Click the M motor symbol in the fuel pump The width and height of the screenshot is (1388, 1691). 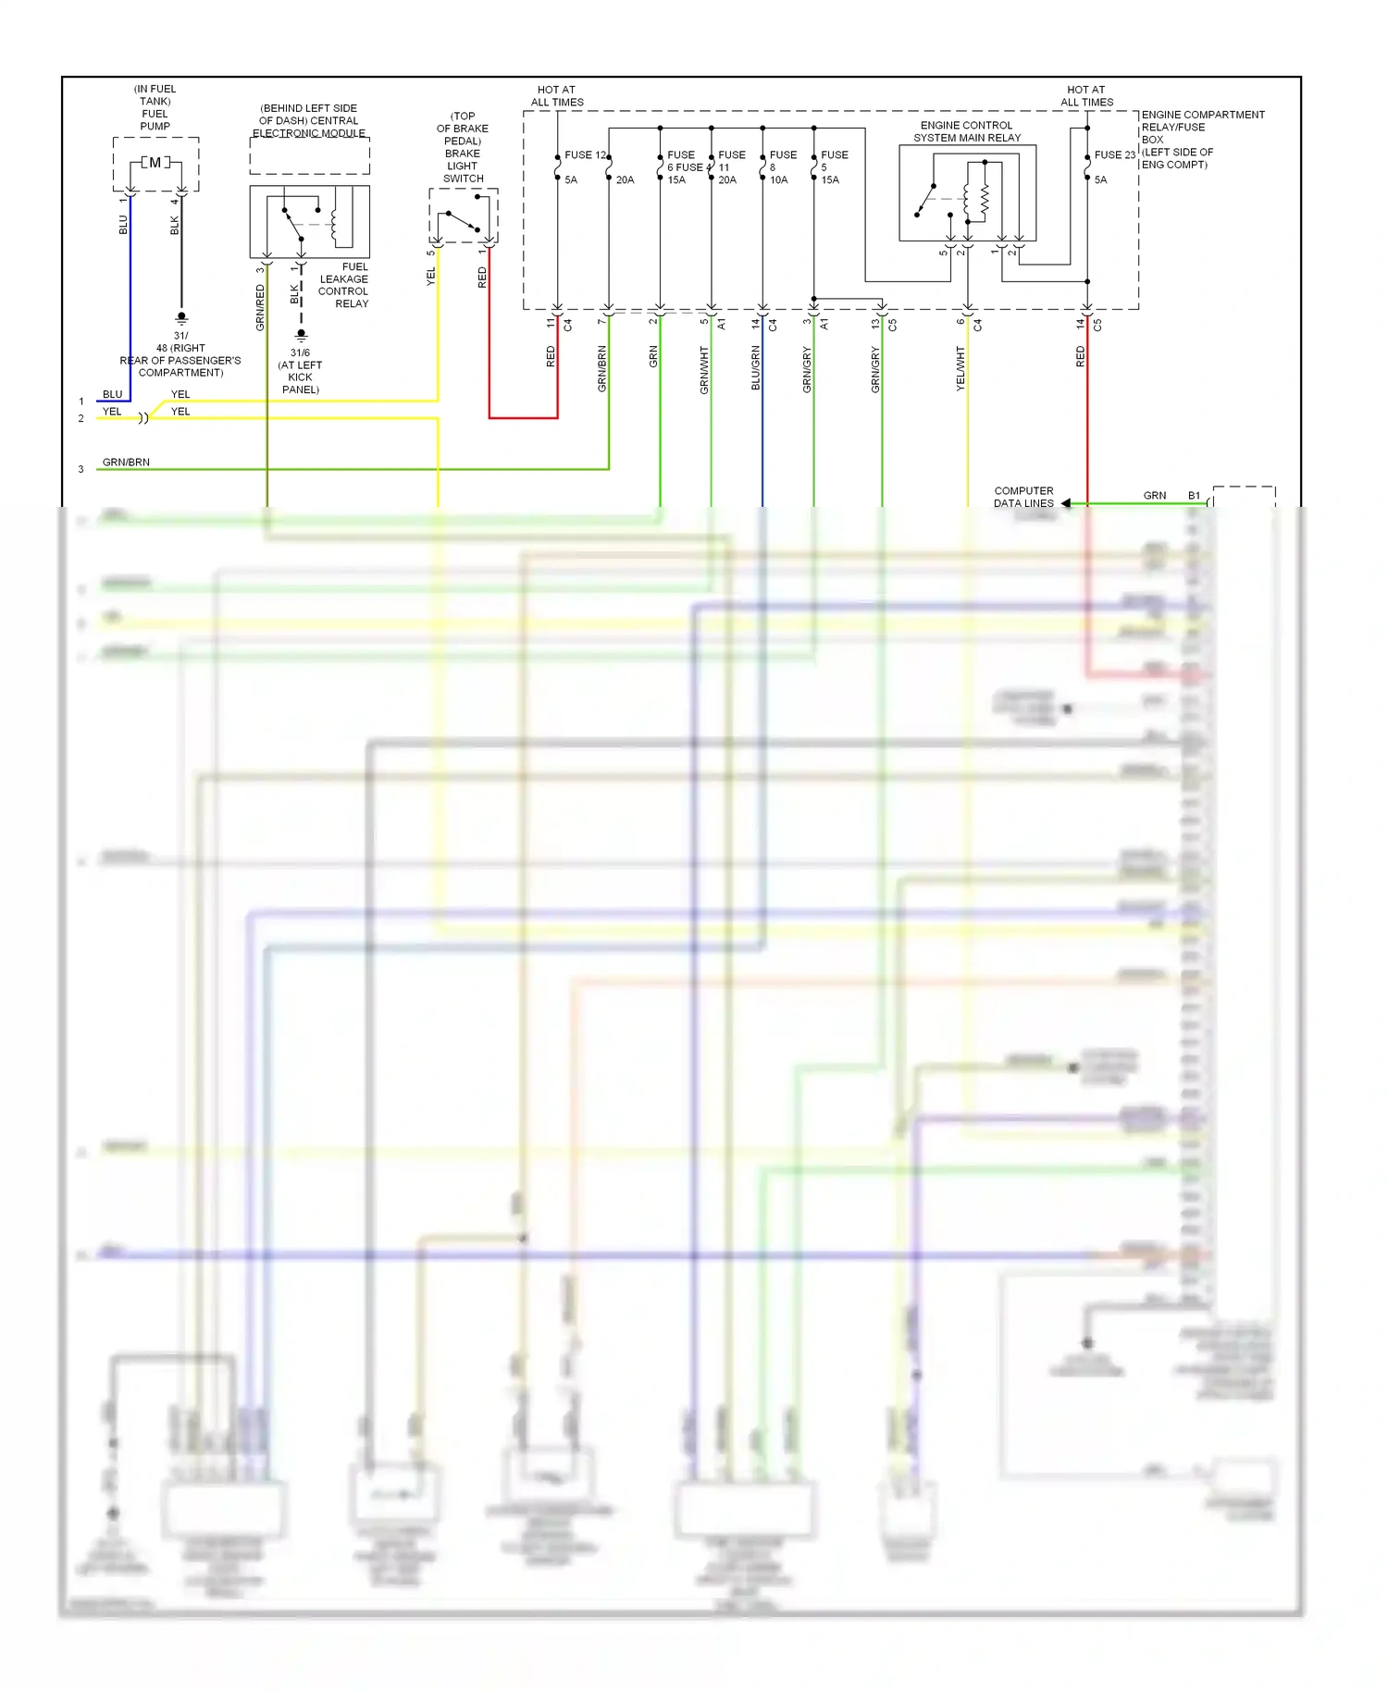155,163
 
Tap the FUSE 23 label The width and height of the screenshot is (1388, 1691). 1114,154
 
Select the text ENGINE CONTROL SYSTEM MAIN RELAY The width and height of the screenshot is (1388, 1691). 967,131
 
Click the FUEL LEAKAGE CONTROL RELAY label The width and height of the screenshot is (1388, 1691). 343,285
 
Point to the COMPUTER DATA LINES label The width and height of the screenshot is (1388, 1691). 1023,497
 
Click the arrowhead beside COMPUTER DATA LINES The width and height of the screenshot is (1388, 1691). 1066,503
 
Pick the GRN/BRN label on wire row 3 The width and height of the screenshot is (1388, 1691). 126,462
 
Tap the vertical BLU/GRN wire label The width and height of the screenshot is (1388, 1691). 755,367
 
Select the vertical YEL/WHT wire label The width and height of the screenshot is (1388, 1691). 960,368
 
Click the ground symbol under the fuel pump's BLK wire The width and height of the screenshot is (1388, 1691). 181,318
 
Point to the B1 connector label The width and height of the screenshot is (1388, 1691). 1194,496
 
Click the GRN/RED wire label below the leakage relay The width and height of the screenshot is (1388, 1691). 260,307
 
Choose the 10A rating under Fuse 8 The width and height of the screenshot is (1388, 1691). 779,179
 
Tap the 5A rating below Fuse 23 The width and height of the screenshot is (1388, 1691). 1100,179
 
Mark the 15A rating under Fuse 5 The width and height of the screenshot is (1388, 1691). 830,179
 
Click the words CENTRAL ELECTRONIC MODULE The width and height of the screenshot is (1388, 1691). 309,127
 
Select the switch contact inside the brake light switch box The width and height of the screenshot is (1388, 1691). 463,222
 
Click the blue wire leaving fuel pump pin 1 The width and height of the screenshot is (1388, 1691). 130,305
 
